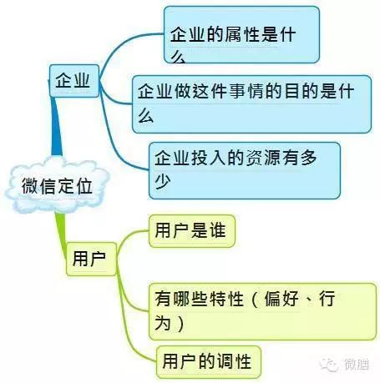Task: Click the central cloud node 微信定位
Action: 57,185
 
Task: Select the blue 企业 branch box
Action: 74,81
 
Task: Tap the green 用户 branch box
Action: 91,259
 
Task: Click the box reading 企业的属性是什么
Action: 241,35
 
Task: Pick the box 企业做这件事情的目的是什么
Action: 251,104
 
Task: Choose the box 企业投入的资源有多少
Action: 245,170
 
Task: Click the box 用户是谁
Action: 192,231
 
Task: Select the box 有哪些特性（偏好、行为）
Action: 262,311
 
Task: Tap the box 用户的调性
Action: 209,362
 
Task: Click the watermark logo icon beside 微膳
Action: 329,364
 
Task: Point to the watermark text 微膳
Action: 357,365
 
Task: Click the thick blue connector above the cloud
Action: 56,127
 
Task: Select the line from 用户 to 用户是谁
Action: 129,239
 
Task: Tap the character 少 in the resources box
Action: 163,182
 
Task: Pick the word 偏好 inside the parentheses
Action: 281,299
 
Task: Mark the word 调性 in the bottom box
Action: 235,361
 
